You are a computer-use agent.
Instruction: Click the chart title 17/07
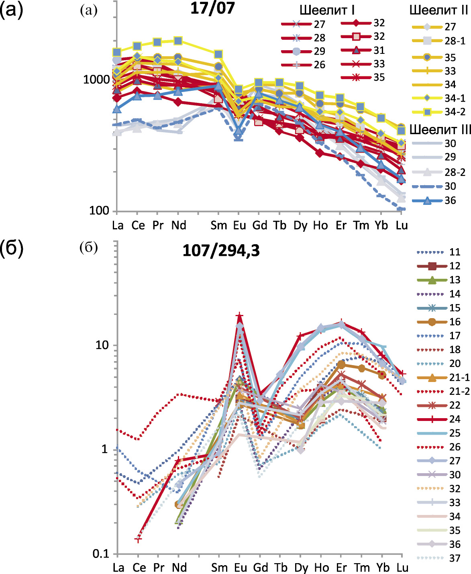[x=212, y=8]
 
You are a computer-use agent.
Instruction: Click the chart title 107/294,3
[x=221, y=251]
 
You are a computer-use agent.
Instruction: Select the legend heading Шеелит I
[x=327, y=10]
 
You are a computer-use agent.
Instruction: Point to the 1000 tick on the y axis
[x=96, y=79]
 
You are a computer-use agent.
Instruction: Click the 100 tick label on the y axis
[x=99, y=210]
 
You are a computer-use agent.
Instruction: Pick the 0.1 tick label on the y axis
[x=101, y=554]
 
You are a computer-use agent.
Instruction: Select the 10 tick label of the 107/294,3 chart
[x=102, y=345]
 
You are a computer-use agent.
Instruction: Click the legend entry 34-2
[x=455, y=112]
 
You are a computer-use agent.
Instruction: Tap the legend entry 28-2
[x=455, y=172]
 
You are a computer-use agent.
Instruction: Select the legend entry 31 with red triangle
[x=379, y=50]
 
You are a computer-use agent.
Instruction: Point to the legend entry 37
[x=455, y=558]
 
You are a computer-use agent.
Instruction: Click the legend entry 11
[x=455, y=252]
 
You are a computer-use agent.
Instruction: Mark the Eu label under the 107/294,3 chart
[x=240, y=567]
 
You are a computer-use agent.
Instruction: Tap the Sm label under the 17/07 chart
[x=219, y=225]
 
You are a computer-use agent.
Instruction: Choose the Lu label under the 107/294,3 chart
[x=402, y=567]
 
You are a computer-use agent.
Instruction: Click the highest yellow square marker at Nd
[x=178, y=41]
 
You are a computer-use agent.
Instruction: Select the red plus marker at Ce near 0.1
[x=138, y=539]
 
